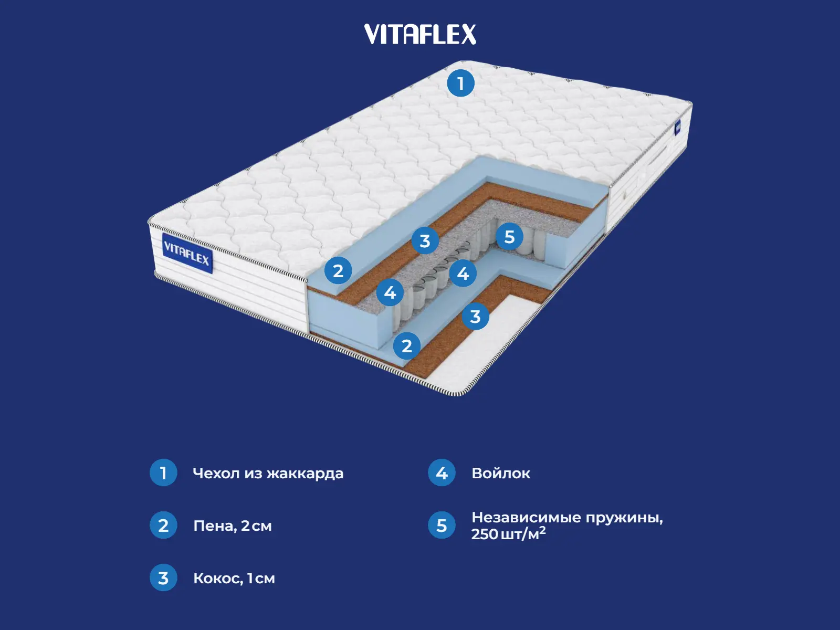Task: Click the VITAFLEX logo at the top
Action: (420, 34)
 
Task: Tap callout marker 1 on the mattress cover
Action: (460, 83)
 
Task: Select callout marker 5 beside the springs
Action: (509, 236)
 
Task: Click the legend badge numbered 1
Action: (163, 472)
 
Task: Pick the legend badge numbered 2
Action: (163, 525)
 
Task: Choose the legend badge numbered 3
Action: (163, 577)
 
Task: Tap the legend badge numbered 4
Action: (442, 472)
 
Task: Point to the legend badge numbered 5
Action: (442, 525)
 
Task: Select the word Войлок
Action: (501, 474)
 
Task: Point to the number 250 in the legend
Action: (484, 534)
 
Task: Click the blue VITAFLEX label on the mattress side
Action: (187, 254)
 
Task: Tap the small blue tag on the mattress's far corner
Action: (678, 127)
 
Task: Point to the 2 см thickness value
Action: (256, 526)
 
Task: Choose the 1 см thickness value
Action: (261, 579)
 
